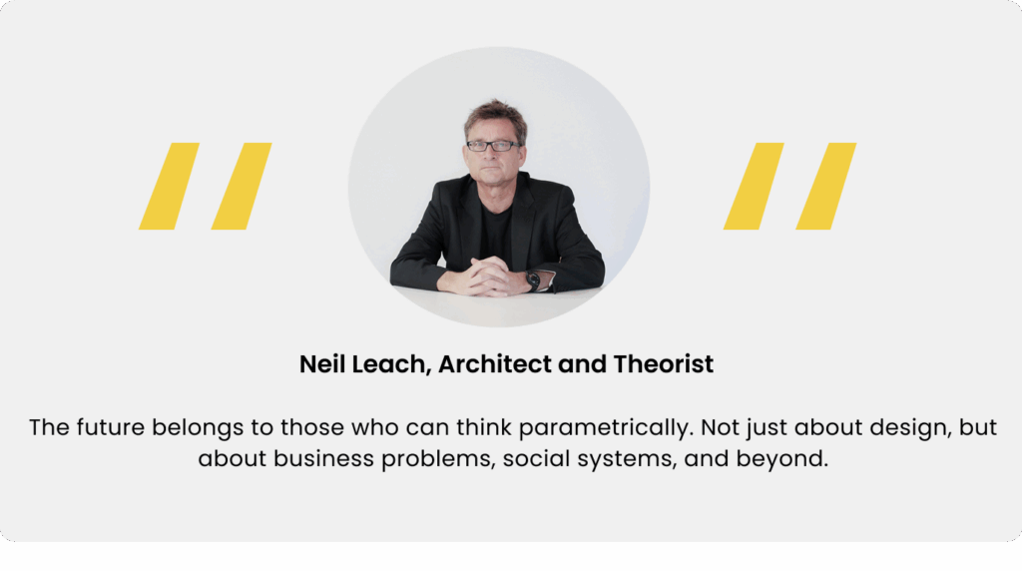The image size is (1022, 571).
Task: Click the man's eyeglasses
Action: [493, 146]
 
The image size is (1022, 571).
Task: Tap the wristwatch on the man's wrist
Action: [533, 281]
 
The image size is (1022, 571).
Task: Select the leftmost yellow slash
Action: [169, 186]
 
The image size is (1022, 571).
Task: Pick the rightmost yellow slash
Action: [825, 186]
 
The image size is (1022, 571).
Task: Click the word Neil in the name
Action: [320, 363]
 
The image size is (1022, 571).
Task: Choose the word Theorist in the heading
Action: [663, 363]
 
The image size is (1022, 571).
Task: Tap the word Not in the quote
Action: [721, 427]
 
